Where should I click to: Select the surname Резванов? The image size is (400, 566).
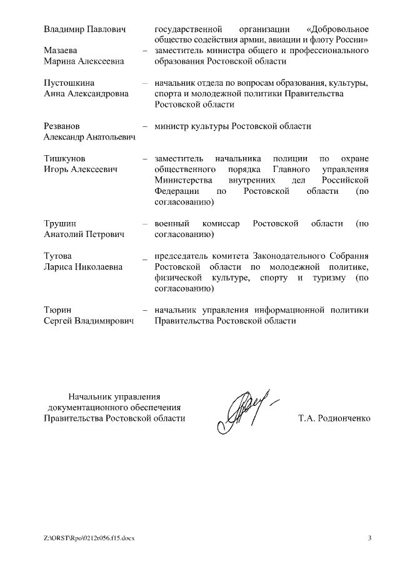(x=62, y=126)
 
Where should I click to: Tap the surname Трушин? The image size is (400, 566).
(x=59, y=223)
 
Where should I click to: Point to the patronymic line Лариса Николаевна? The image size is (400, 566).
(x=83, y=267)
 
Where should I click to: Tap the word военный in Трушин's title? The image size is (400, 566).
(x=172, y=223)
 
